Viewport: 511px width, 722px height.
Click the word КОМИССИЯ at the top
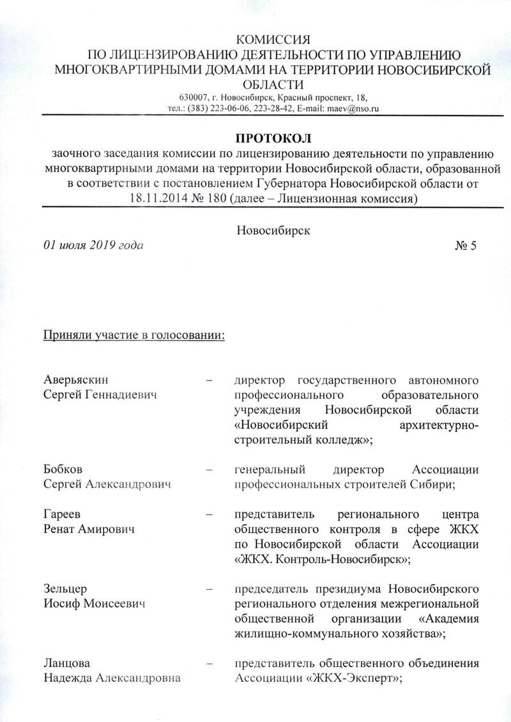273,40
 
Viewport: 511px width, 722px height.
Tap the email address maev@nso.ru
355,109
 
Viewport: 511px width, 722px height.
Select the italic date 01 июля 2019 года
93,245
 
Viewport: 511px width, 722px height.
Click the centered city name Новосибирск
273,230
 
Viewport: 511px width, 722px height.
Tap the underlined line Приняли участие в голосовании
133,335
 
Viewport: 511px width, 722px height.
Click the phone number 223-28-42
271,109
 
